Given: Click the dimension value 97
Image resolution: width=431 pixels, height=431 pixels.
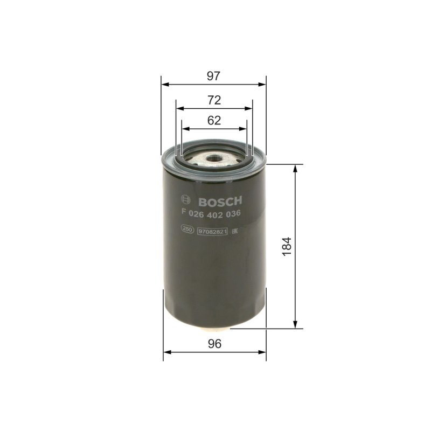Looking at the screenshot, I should coord(214,76).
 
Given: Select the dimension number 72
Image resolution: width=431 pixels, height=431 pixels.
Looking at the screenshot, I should coord(214,100).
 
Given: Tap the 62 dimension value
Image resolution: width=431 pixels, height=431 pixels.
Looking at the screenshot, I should coord(214,121).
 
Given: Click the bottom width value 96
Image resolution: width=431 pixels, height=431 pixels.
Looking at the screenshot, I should coord(214,344).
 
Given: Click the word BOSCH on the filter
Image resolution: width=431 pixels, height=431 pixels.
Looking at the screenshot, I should coord(221,201).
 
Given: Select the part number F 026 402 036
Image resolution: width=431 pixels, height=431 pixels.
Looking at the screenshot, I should coord(212,213).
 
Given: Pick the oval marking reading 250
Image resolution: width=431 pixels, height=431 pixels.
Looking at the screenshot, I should coord(188,231).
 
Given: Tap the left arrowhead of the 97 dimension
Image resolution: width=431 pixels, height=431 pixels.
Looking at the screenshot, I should coord(164,84).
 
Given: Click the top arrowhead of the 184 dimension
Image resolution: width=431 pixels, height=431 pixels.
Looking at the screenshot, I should coord(295,169).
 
